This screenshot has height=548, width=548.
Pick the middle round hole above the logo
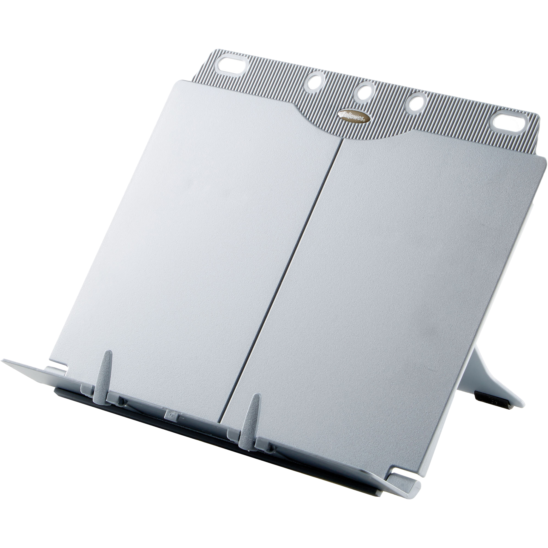click(364, 90)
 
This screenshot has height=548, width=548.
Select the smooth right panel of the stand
click(397, 284)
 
